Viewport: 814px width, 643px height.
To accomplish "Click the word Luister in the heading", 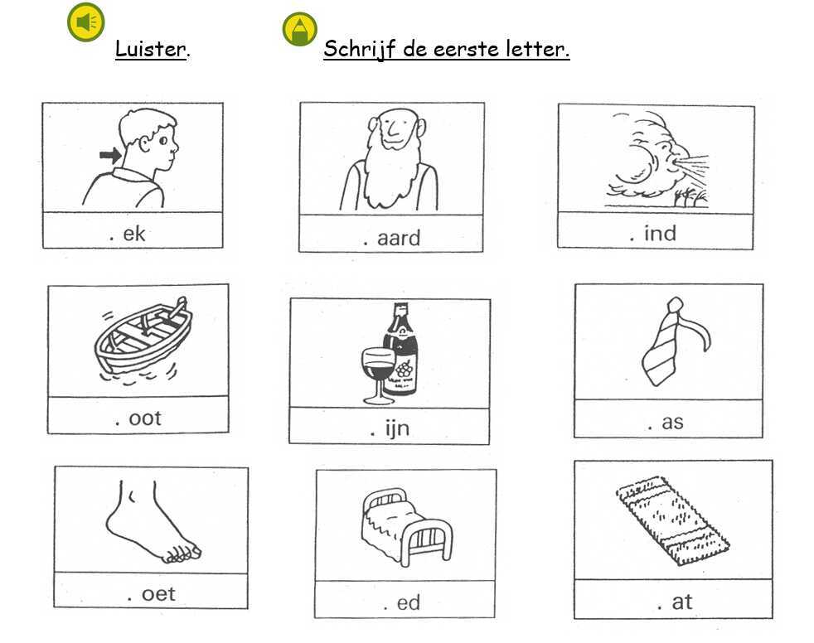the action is click(x=150, y=49).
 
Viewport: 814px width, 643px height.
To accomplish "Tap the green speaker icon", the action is click(x=86, y=22).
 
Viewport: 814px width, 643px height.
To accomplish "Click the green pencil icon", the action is click(x=299, y=29).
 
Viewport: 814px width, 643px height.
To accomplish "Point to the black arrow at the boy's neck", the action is click(x=110, y=155).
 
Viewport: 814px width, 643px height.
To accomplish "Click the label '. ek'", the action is click(x=128, y=234).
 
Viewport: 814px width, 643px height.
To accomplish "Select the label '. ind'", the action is click(x=652, y=234).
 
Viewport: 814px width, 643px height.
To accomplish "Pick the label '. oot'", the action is click(x=138, y=418).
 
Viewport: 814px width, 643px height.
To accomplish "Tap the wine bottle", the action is click(x=400, y=350).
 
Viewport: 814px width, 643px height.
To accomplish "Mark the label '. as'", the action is click(x=666, y=423).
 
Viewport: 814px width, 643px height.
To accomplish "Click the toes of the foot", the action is click(x=182, y=554).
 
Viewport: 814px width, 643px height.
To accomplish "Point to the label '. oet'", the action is click(x=151, y=594).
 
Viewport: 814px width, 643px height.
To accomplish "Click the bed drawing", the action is click(x=406, y=526).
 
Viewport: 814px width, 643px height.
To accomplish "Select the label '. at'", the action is click(x=675, y=602).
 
